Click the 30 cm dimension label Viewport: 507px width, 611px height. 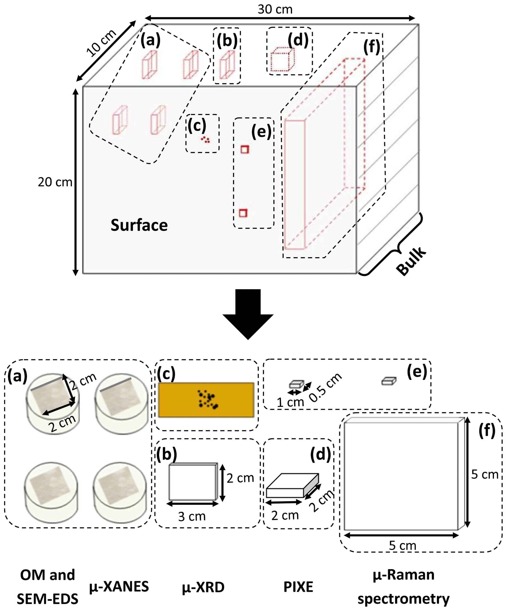click(x=275, y=9)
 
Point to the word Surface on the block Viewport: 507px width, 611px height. click(x=139, y=225)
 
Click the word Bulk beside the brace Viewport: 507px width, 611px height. click(x=411, y=261)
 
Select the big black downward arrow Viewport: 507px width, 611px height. click(x=248, y=314)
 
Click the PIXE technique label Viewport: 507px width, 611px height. click(x=298, y=587)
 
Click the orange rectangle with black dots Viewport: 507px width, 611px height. click(x=206, y=400)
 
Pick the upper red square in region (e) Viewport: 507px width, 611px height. click(x=245, y=149)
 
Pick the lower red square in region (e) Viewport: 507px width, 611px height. click(x=243, y=213)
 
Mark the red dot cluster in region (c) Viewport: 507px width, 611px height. click(x=205, y=140)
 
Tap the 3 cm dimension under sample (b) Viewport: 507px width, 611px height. click(x=192, y=516)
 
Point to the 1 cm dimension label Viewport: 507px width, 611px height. click(x=290, y=402)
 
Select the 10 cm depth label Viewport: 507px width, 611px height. click(x=101, y=43)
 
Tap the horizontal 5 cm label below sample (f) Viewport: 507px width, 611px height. click(x=403, y=545)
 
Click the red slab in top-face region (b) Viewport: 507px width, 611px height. click(x=227, y=64)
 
